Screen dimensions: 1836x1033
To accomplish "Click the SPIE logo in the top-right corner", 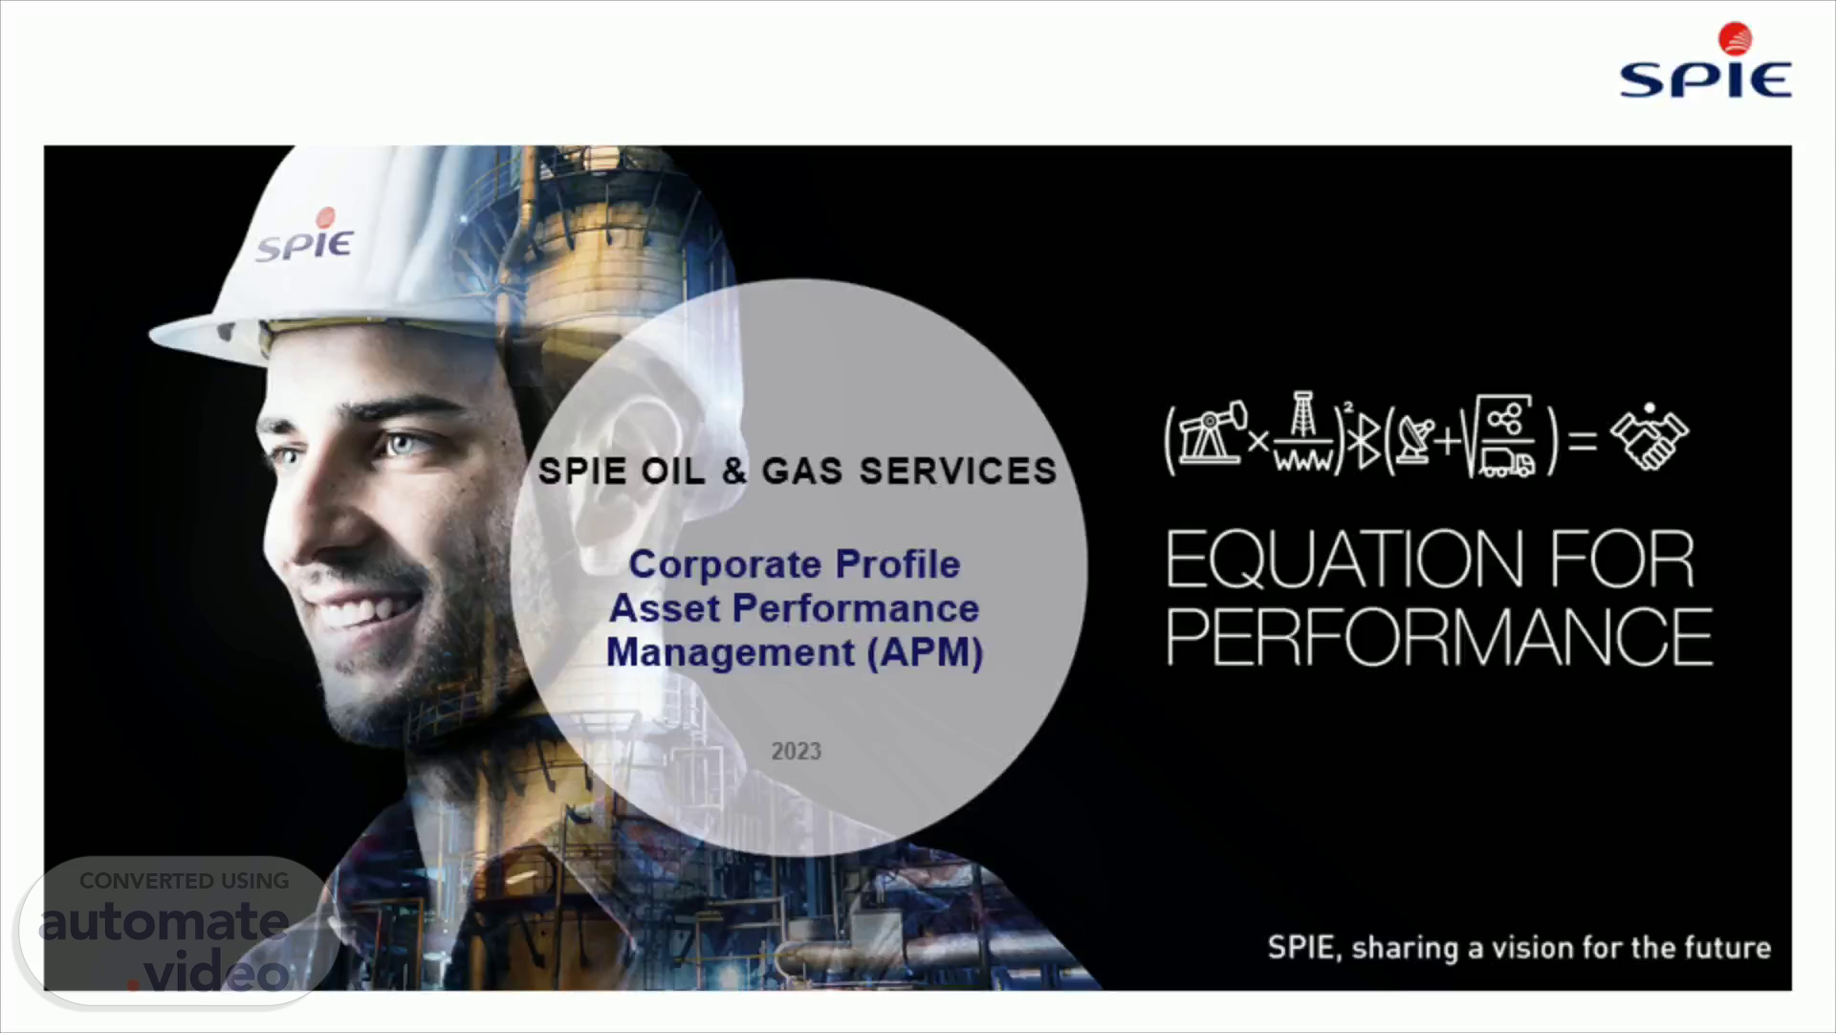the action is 1706,61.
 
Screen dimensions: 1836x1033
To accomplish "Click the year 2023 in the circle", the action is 797,752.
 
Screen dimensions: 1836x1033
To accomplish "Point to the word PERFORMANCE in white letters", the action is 1439,637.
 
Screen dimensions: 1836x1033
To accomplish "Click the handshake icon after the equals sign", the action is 1650,437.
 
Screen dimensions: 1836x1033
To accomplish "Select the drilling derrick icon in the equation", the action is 1302,432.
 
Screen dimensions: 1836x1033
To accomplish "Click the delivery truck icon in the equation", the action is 1508,464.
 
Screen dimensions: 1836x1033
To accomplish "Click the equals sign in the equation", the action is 1583,440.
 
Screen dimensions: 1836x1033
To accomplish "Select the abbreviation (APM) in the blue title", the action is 926,652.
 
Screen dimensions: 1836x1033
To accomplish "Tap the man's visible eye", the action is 401,445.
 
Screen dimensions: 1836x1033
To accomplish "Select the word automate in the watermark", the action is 164,922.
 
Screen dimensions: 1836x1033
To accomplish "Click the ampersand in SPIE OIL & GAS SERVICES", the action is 734,471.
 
